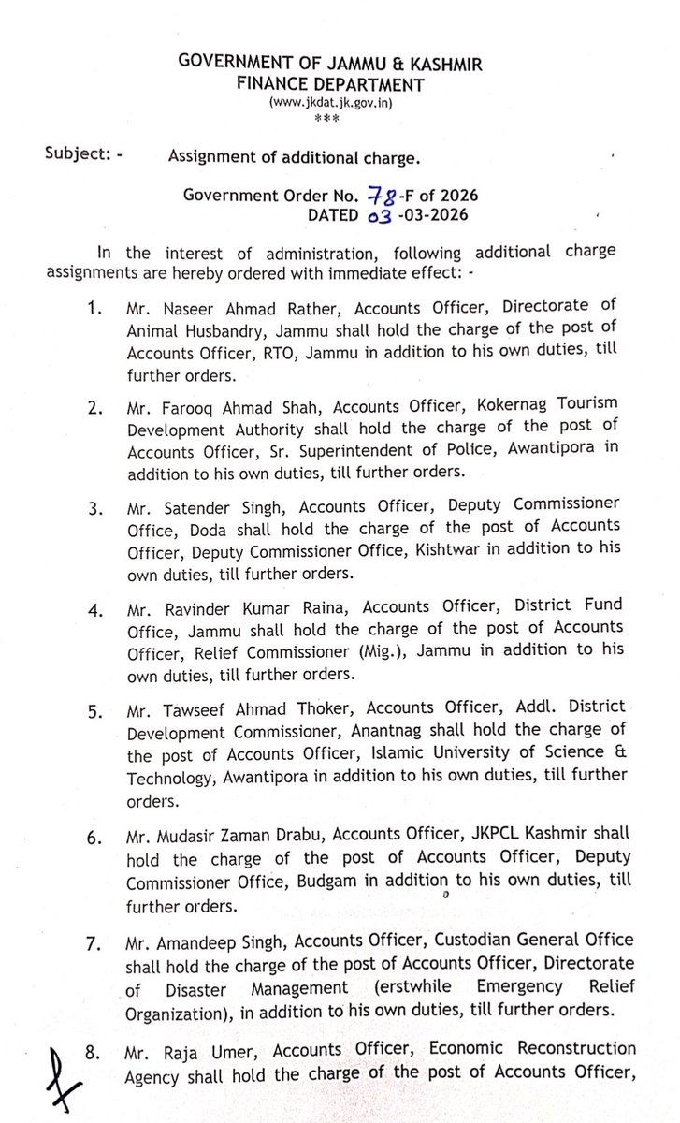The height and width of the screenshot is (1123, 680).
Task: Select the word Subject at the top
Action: pyautogui.click(x=74, y=155)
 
